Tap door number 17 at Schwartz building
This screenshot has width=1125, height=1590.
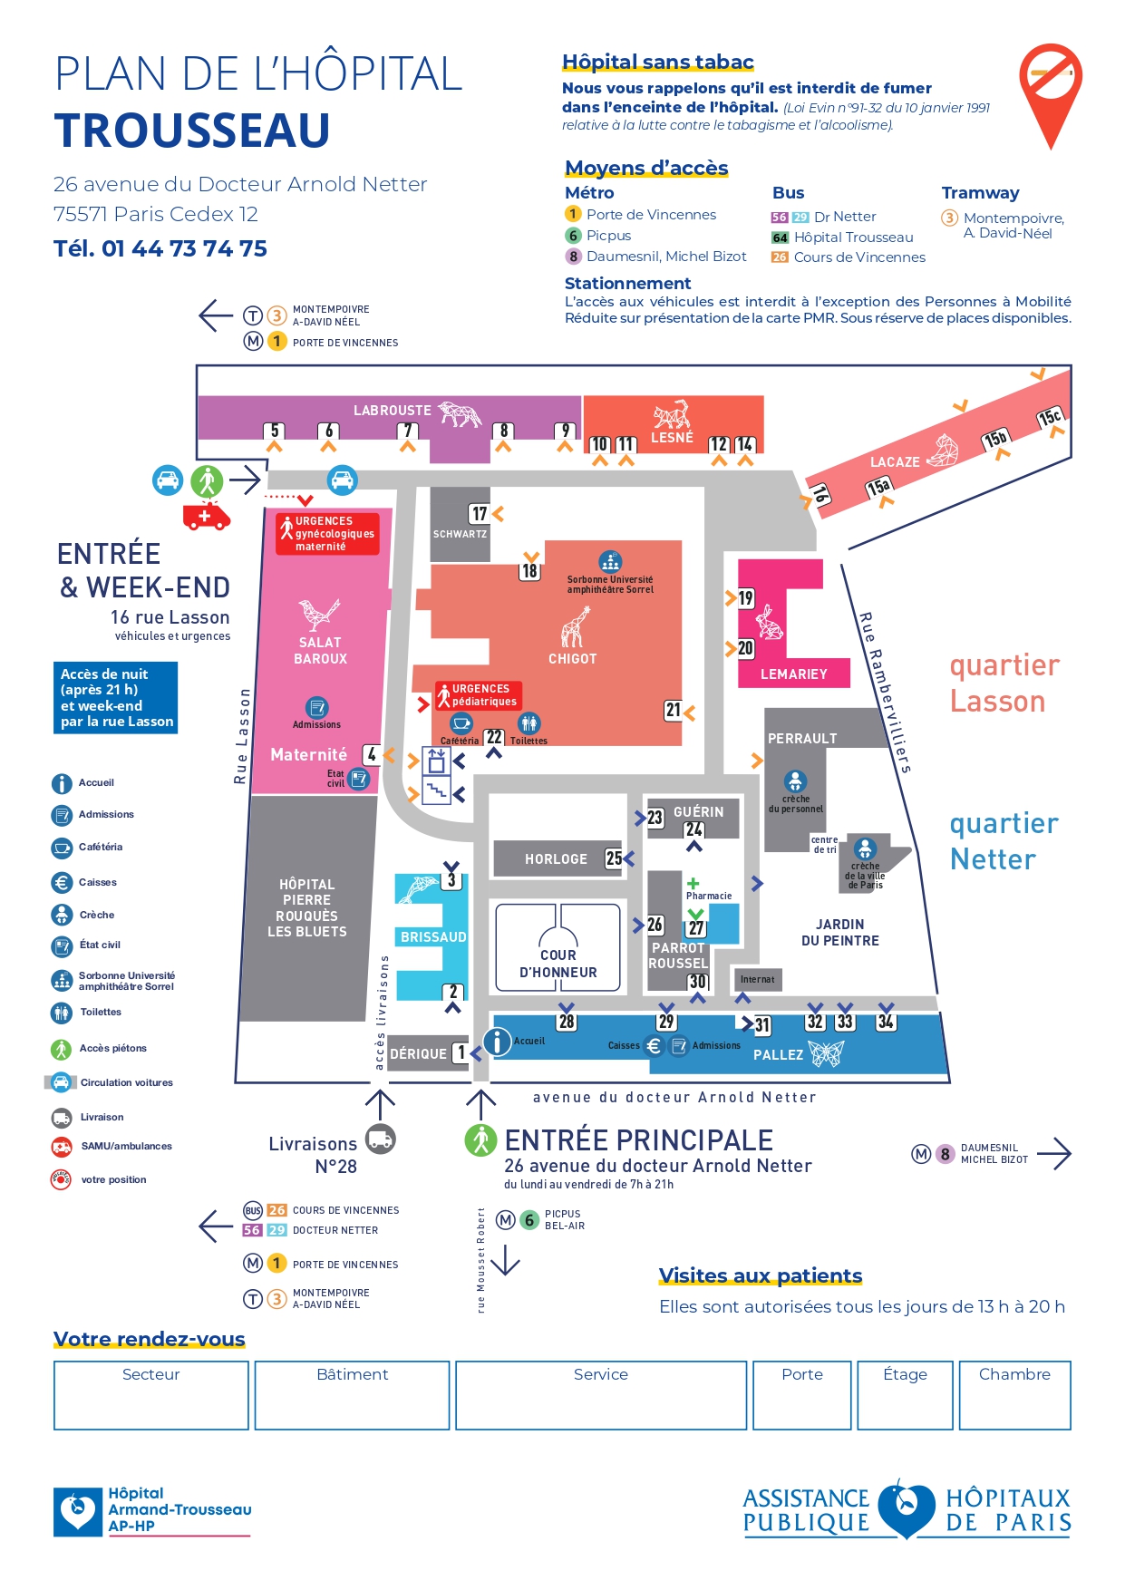(480, 514)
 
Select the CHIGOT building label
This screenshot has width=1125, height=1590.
(572, 659)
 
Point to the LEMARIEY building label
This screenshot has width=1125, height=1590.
(793, 674)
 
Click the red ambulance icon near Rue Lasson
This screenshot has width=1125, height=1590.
(206, 516)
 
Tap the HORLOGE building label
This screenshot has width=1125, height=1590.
(556, 859)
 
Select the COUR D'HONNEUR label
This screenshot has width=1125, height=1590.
(558, 964)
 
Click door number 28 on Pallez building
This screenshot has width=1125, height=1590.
(567, 1022)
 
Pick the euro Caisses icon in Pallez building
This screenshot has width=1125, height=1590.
(654, 1046)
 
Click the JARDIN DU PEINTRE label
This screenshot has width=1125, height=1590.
(839, 933)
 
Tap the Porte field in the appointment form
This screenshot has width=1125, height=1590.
(802, 1394)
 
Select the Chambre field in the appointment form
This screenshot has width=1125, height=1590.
(1013, 1394)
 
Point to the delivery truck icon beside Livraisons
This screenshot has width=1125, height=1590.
(380, 1139)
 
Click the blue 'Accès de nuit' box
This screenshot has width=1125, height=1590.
(116, 698)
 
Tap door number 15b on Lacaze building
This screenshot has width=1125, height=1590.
(994, 440)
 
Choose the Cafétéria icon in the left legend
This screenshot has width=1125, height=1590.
(62, 848)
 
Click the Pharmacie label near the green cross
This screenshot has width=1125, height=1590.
(709, 896)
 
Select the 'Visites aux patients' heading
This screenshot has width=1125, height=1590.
(760, 1275)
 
